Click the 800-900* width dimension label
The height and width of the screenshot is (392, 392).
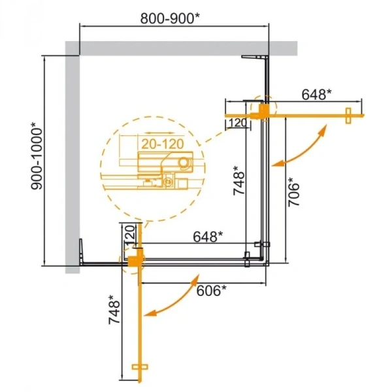pos(172,20)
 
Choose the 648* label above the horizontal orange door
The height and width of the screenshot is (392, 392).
pos(317,95)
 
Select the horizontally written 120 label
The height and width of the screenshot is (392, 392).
pos(237,123)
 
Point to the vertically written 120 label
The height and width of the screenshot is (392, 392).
pos(129,233)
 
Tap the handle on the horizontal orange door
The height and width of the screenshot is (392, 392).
pos(348,115)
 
